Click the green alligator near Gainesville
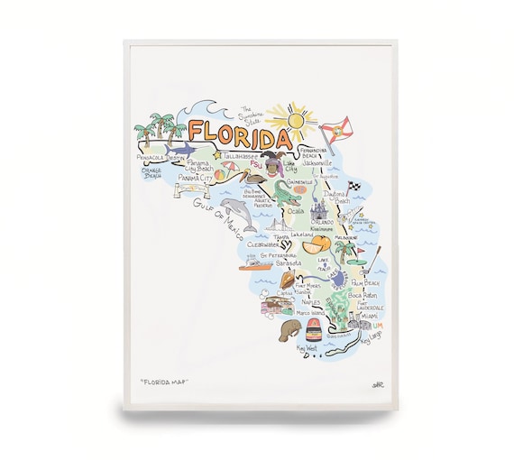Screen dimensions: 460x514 pos(271,191)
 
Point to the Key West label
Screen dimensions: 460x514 pos(307,347)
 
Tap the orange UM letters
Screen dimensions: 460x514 pos(379,325)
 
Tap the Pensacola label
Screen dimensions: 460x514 pos(149,156)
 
